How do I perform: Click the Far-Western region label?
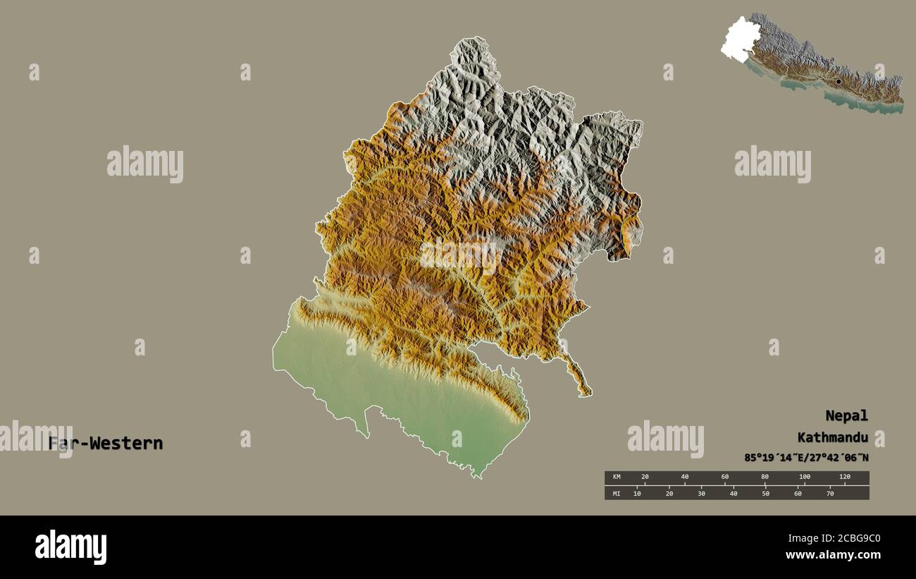click(x=106, y=444)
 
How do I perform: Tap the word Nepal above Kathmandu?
click(x=846, y=415)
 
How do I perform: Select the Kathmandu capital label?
click(x=832, y=437)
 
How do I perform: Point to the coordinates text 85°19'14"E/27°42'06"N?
click(x=806, y=458)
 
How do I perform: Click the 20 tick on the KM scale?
click(x=644, y=477)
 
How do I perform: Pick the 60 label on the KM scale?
click(x=724, y=477)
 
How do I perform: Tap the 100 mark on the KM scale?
click(x=804, y=477)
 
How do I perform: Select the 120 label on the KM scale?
click(x=844, y=477)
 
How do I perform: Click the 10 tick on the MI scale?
click(x=637, y=493)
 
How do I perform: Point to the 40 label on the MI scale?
click(x=734, y=493)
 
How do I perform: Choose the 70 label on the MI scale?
click(x=829, y=493)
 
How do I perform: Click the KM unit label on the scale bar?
click(x=616, y=477)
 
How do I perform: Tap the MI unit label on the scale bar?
click(x=616, y=493)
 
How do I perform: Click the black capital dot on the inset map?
click(x=838, y=82)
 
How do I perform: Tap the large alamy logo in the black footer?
click(x=70, y=547)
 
